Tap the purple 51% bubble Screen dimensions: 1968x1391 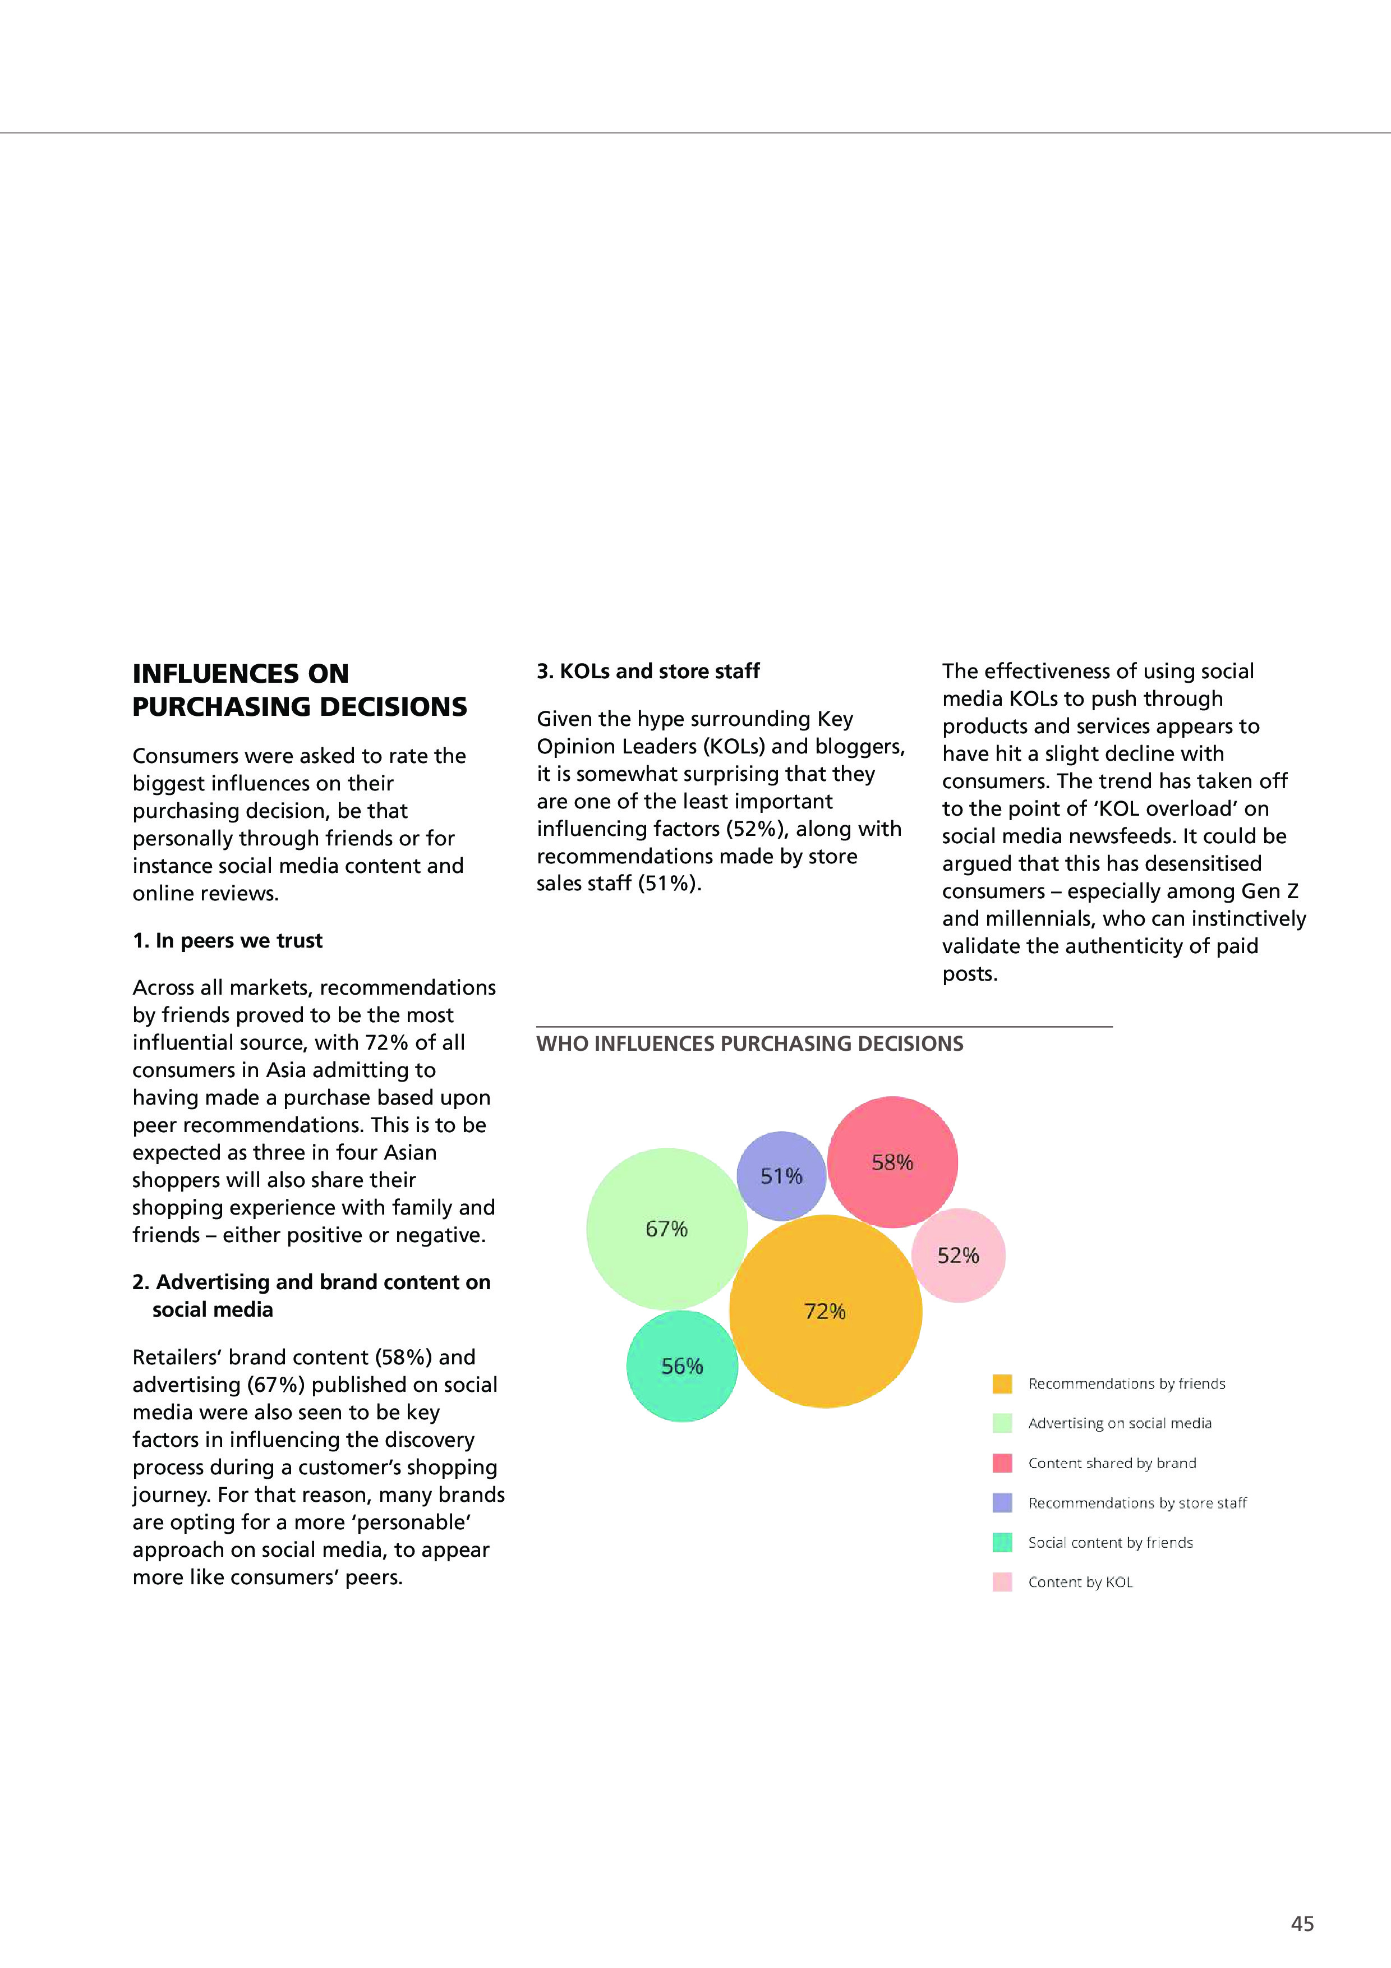tap(782, 1176)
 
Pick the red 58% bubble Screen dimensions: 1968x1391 tap(892, 1162)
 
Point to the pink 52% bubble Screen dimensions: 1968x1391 tap(958, 1256)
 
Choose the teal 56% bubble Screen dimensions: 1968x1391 tap(682, 1366)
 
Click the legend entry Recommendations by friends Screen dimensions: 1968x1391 tap(1126, 1383)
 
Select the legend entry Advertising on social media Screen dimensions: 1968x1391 tap(1120, 1423)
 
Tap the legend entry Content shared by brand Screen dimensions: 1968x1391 tap(1112, 1463)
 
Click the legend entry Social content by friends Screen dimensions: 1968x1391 tap(1110, 1542)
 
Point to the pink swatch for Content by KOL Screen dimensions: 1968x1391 tap(1002, 1581)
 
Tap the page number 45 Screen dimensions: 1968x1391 tap(1302, 1924)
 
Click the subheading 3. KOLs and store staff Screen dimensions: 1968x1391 tap(648, 671)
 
